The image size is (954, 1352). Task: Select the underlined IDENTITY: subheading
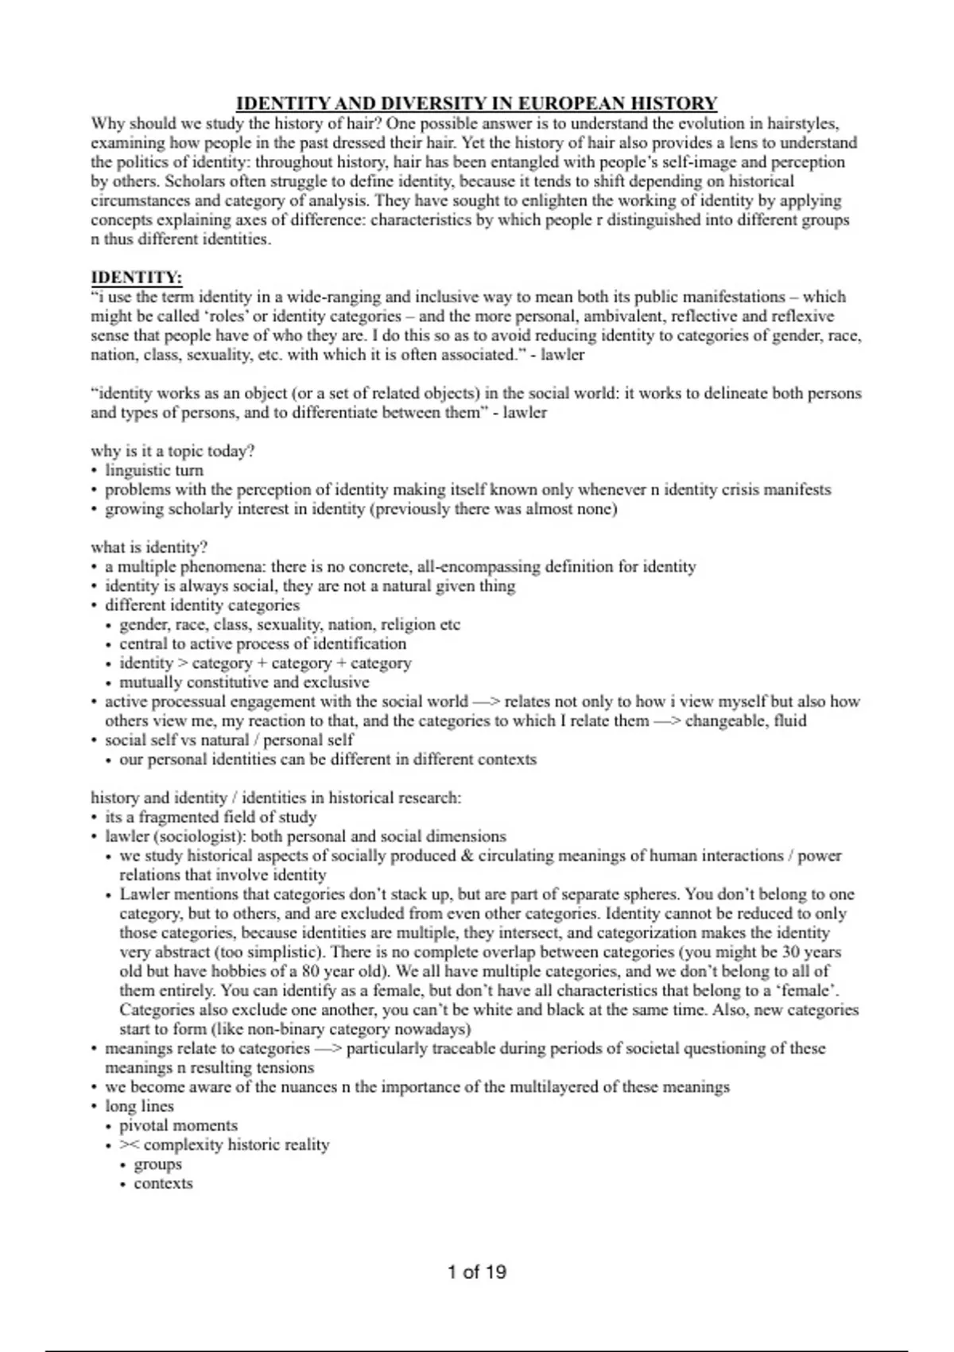click(137, 278)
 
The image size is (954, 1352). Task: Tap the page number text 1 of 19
click(477, 1272)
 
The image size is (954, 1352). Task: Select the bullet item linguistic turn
click(154, 470)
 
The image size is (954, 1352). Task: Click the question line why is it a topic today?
click(173, 451)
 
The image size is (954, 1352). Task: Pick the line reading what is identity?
click(149, 547)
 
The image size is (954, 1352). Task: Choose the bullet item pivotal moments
click(178, 1125)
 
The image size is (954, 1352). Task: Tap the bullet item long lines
click(139, 1106)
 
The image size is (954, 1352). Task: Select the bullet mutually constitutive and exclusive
click(244, 682)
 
